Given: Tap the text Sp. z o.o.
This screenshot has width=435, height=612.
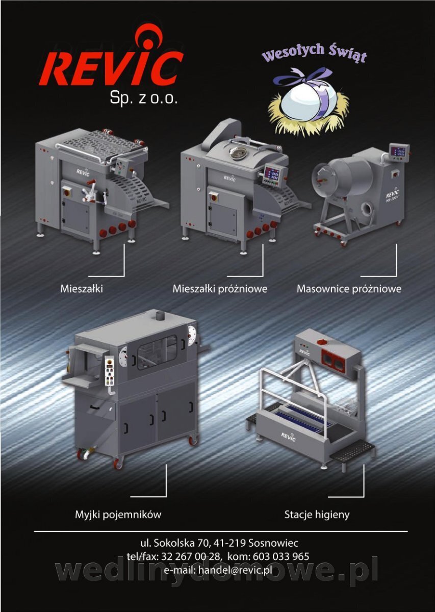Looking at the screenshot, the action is [x=143, y=98].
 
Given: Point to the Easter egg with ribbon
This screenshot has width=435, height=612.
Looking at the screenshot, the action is [x=310, y=101].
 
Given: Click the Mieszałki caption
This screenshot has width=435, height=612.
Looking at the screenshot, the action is [x=82, y=289].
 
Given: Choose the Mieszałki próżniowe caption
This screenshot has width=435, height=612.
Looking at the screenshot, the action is [x=220, y=289].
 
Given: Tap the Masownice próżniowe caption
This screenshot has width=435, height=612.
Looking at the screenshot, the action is [x=349, y=289].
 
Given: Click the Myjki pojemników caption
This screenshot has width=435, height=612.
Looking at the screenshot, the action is [x=118, y=515].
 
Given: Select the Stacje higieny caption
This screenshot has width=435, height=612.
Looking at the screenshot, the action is [x=317, y=515].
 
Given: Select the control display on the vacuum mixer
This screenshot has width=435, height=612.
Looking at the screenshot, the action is [x=273, y=175].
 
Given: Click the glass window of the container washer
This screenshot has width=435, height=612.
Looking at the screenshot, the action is [x=157, y=352].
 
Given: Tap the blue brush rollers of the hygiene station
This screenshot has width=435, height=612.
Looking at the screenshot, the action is [x=303, y=420].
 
